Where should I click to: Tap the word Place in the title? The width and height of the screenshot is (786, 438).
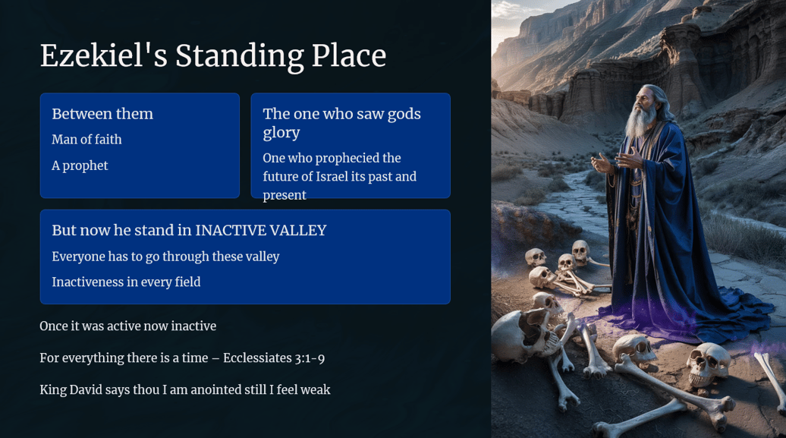pos(349,55)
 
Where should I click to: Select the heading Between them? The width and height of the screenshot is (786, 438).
pos(102,114)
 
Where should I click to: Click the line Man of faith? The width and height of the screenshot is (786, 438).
pos(86,139)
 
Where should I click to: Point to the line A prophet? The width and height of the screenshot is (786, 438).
pos(80,165)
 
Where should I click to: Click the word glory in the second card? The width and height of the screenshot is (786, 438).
pos(281,133)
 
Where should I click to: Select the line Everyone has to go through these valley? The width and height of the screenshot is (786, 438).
pos(165,257)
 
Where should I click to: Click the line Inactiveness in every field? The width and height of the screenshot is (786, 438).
pos(126,282)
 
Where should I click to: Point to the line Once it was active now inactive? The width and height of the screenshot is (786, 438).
pos(127,326)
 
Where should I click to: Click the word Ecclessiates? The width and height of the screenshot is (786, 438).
pos(257,358)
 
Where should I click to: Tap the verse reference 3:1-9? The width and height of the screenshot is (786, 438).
pos(310,358)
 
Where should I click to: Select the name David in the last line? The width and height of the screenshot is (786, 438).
pos(86,390)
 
